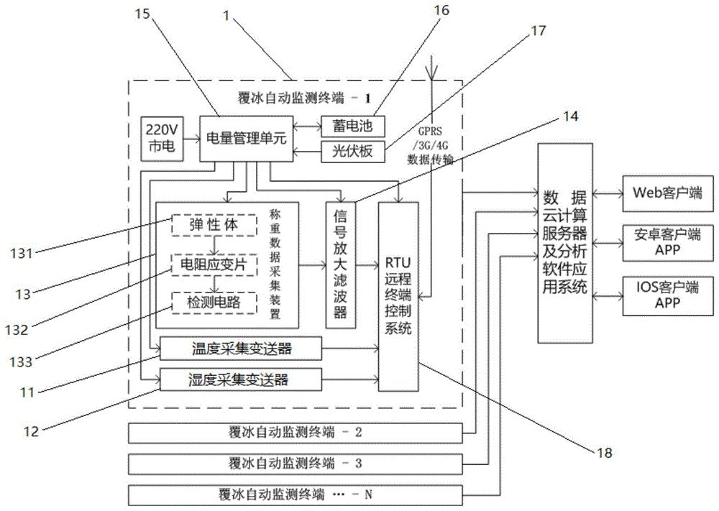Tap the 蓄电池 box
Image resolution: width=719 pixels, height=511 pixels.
(352, 126)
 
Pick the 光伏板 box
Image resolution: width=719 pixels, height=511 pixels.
(352, 152)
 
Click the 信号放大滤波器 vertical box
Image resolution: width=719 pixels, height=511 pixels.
(340, 265)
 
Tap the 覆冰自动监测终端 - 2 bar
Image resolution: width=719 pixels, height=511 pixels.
(295, 433)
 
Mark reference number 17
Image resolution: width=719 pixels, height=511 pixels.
(537, 31)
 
